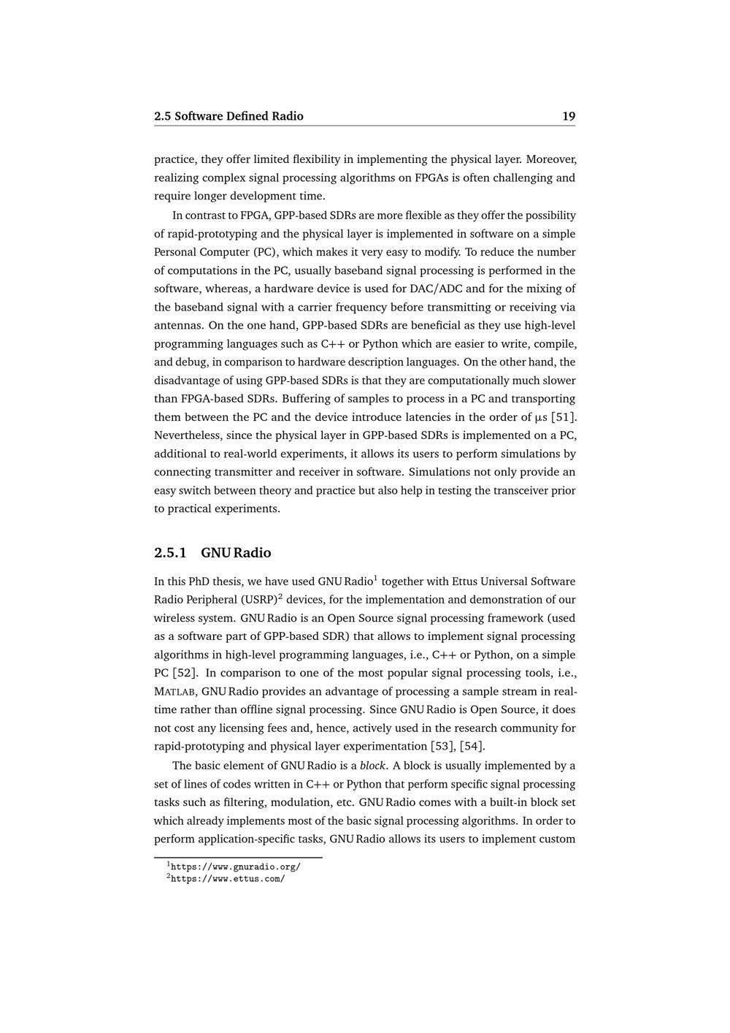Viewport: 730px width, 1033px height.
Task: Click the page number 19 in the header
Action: tap(569, 116)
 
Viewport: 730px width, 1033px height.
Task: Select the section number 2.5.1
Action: tap(170, 552)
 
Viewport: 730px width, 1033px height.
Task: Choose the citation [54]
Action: tap(472, 746)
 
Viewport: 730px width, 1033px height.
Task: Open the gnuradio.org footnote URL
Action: tap(235, 867)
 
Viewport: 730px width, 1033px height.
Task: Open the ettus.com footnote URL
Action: tap(227, 879)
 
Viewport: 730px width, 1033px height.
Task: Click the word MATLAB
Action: tap(174, 692)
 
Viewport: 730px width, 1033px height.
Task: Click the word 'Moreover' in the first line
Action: tap(551, 159)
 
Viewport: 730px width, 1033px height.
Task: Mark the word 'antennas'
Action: tap(177, 325)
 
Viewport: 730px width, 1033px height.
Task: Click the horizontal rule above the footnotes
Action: tap(238, 857)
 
